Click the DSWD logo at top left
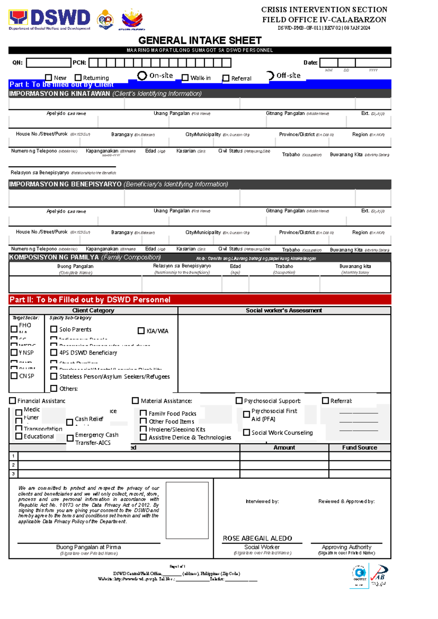point(50,19)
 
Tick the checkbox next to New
point(48,77)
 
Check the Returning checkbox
point(78,77)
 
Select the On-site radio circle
point(142,76)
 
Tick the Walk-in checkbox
point(185,78)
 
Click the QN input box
point(48,63)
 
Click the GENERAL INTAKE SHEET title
point(200,40)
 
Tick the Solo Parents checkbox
point(54,329)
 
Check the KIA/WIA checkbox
point(141,331)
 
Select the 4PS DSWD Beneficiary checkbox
point(54,353)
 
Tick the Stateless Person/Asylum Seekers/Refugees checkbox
point(54,376)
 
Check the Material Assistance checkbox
point(135,401)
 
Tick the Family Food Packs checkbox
point(143,413)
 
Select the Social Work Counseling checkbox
point(246,432)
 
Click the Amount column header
point(284,447)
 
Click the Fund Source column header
point(359,447)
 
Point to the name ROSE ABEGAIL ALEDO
point(257,538)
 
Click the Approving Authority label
point(346,547)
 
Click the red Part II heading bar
point(200,300)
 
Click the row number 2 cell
point(13,465)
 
